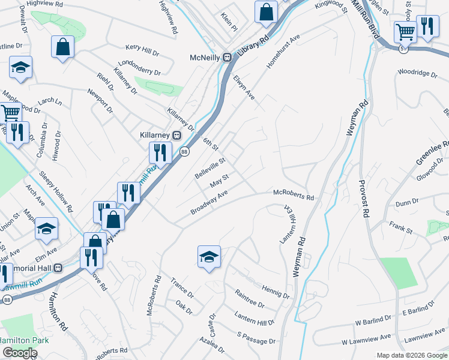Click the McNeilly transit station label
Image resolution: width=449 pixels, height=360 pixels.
coord(202,58)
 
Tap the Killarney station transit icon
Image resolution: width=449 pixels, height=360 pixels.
coord(176,134)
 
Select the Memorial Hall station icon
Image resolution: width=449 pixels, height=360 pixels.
coord(58,268)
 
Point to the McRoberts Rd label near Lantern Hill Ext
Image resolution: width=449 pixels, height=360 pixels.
coord(294,197)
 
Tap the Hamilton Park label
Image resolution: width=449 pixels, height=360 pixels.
coord(25,339)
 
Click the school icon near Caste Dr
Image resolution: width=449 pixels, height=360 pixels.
coord(209,257)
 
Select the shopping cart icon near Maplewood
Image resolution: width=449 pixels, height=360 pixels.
coord(10,112)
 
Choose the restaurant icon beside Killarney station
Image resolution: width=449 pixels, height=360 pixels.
coord(160,152)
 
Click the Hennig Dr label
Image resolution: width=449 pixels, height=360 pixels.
coord(276,293)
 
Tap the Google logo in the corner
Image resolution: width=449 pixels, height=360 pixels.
coord(20,353)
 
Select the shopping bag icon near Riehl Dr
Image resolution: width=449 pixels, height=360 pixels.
coord(62,46)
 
